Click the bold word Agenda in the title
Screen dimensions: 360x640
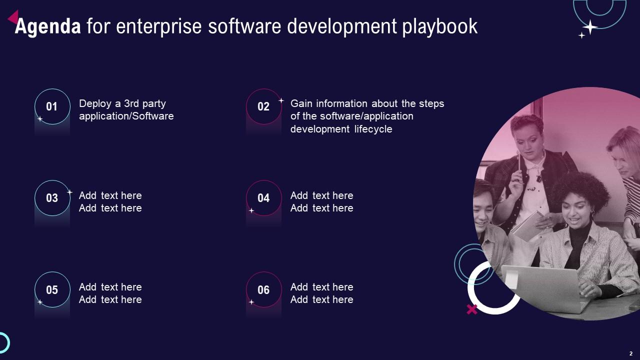coord(47,26)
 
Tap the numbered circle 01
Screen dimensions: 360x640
coord(52,106)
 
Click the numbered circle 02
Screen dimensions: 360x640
coord(263,106)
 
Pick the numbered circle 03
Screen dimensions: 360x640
coord(52,198)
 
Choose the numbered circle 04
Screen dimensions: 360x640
coord(263,198)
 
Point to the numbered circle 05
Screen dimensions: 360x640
coord(52,289)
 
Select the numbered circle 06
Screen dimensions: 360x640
coord(263,289)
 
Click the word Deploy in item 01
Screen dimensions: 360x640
coord(95,103)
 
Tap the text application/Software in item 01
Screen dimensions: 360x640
coord(126,116)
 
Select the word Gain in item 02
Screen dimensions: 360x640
coord(301,103)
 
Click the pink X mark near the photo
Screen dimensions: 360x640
coord(471,309)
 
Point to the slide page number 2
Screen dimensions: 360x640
coord(631,353)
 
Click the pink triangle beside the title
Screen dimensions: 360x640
coord(13,18)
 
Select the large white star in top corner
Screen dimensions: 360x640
coord(590,27)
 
